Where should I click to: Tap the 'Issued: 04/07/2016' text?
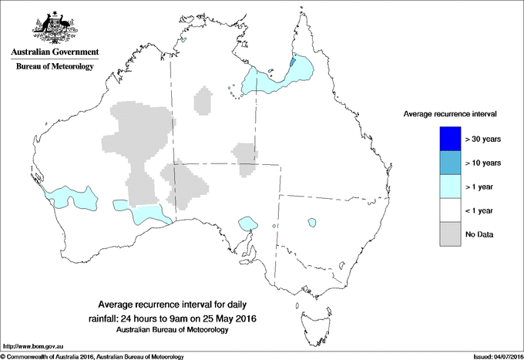tap(493, 356)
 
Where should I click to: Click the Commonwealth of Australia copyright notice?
tap(92, 356)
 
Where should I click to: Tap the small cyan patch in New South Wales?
tap(313, 223)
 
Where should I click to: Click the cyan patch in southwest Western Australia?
tap(72, 200)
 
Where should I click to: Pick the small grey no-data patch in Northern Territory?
tap(204, 101)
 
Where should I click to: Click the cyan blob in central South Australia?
tap(247, 223)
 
